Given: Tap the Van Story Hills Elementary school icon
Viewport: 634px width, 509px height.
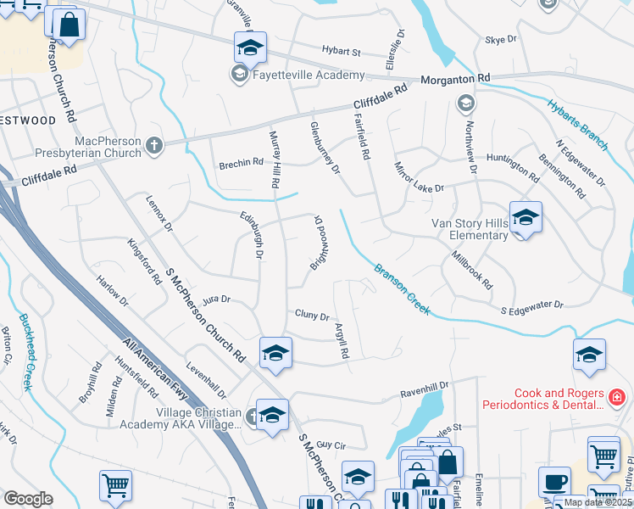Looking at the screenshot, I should [526, 217].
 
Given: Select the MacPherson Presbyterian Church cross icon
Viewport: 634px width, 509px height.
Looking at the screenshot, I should [153, 145].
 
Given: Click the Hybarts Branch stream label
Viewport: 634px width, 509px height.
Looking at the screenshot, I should [578, 119].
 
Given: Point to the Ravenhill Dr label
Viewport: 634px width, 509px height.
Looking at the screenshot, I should [424, 395].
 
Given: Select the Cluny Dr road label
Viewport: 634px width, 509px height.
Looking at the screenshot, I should [311, 316].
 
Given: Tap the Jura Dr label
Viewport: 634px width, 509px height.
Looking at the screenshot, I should [217, 299].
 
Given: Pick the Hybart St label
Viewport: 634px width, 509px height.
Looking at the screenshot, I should [341, 51].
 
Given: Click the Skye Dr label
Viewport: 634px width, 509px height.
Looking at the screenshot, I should [500, 40].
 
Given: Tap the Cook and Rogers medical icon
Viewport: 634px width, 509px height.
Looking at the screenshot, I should [617, 396].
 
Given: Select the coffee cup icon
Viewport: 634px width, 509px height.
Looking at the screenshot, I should [554, 481].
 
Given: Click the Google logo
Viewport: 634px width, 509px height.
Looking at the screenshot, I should [28, 499].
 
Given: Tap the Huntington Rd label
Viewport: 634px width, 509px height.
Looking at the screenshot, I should [514, 164].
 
